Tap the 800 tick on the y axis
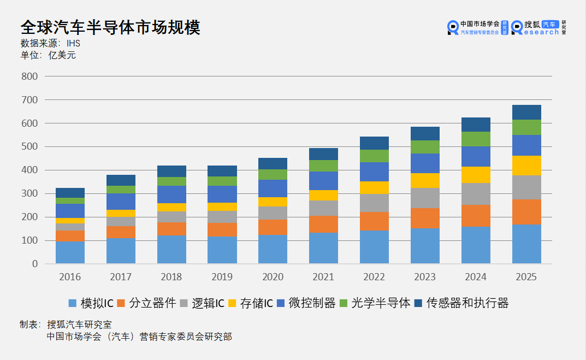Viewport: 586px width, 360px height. pyautogui.click(x=29, y=77)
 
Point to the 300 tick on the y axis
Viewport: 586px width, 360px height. pyautogui.click(x=29, y=194)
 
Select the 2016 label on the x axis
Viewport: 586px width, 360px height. pyautogui.click(x=69, y=278)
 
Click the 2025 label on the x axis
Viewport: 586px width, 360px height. pyautogui.click(x=526, y=278)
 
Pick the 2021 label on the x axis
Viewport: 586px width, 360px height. pyautogui.click(x=323, y=278)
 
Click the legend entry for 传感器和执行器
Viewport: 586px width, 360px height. pyautogui.click(x=461, y=303)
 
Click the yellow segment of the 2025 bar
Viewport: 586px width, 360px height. pyautogui.click(x=526, y=166)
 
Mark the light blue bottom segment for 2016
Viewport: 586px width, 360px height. pyautogui.click(x=70, y=252)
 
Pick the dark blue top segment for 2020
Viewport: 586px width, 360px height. pyautogui.click(x=273, y=163)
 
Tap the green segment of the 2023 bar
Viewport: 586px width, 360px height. pyautogui.click(x=425, y=147)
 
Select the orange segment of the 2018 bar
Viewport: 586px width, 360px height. pyautogui.click(x=171, y=229)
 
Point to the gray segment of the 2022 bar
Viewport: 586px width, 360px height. pyautogui.click(x=374, y=203)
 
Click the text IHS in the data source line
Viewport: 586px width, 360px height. pyautogui.click(x=73, y=43)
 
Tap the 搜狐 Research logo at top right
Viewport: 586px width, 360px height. pyautogui.click(x=538, y=27)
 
